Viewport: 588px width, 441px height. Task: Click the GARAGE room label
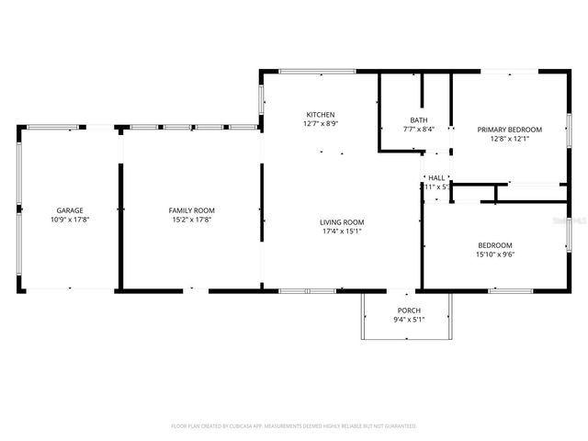(x=70, y=210)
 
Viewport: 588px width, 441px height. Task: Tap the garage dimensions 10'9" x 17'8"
(x=70, y=220)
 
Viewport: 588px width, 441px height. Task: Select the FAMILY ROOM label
(x=191, y=210)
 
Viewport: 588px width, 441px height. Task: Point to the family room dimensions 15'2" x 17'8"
(x=191, y=220)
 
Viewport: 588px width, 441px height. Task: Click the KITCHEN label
(x=320, y=114)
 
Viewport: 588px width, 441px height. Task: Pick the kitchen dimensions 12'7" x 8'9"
(x=320, y=123)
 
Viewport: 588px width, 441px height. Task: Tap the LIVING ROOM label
(x=342, y=221)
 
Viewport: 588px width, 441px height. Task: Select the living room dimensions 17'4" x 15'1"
(x=342, y=231)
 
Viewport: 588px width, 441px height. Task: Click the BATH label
(x=419, y=120)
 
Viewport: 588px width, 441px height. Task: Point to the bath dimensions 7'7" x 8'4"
(x=419, y=130)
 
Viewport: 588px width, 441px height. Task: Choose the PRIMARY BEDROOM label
(x=509, y=130)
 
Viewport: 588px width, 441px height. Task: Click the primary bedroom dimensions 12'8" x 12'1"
(x=509, y=139)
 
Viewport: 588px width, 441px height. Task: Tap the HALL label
(x=436, y=177)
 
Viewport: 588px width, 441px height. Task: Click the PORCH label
(x=409, y=311)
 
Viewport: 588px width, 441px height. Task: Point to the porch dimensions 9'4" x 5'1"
(x=409, y=320)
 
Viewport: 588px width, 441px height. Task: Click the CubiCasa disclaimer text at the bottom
(x=294, y=426)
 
